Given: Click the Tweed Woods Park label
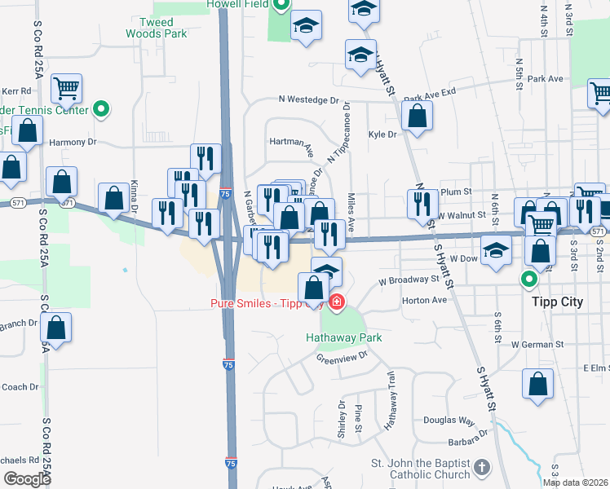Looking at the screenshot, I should pyautogui.click(x=156, y=28).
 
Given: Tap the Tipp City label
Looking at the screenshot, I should pyautogui.click(x=557, y=302).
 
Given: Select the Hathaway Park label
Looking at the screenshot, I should pyautogui.click(x=343, y=337).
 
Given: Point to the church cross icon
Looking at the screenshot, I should pyautogui.click(x=482, y=468).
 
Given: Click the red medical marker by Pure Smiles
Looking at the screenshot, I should pyautogui.click(x=336, y=304).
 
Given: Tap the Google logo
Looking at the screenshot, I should pyautogui.click(x=27, y=478).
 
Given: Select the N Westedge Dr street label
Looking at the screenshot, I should pyautogui.click(x=307, y=99).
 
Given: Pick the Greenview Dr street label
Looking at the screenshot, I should pyautogui.click(x=343, y=357).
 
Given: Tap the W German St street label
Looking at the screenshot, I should pyautogui.click(x=538, y=345).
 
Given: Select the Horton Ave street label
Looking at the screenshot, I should pyautogui.click(x=425, y=300).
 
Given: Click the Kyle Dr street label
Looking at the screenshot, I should pyautogui.click(x=382, y=134).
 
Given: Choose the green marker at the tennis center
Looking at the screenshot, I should pyautogui.click(x=101, y=108).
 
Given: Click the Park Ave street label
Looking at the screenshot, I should pyautogui.click(x=546, y=79).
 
